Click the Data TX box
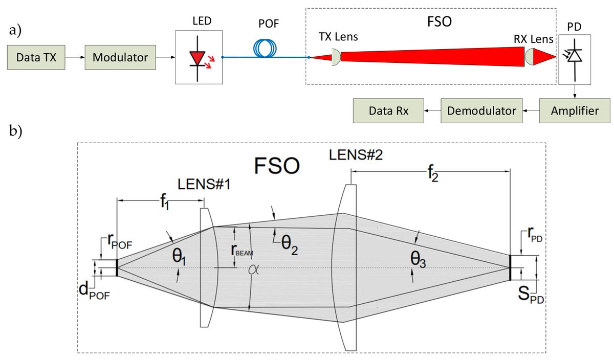pos(34,58)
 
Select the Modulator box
pos(120,58)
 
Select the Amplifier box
pos(575,111)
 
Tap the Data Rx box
pos(388,111)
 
